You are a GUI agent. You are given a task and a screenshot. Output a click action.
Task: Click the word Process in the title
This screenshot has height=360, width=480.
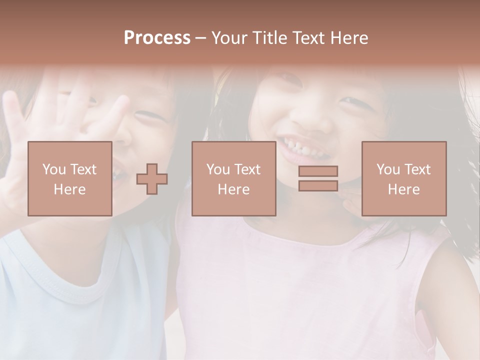(157, 38)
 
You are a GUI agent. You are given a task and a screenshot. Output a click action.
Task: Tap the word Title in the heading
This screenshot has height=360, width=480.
(270, 38)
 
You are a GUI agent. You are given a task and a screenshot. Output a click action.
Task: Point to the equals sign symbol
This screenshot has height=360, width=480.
(318, 178)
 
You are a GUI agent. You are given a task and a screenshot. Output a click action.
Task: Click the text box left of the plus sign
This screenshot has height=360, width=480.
(70, 178)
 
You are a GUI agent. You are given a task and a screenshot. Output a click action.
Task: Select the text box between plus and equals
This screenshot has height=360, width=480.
(233, 178)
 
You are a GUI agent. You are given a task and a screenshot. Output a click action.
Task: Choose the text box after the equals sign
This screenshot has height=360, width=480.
(403, 178)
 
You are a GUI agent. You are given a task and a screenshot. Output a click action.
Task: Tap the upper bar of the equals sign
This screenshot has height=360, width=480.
(318, 171)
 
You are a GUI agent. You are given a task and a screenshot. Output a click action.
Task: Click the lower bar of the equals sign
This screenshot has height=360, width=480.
(318, 185)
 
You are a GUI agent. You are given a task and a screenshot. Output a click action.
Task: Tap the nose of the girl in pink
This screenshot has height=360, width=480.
(306, 117)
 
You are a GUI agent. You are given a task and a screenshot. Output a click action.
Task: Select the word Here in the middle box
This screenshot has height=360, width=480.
(233, 189)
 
